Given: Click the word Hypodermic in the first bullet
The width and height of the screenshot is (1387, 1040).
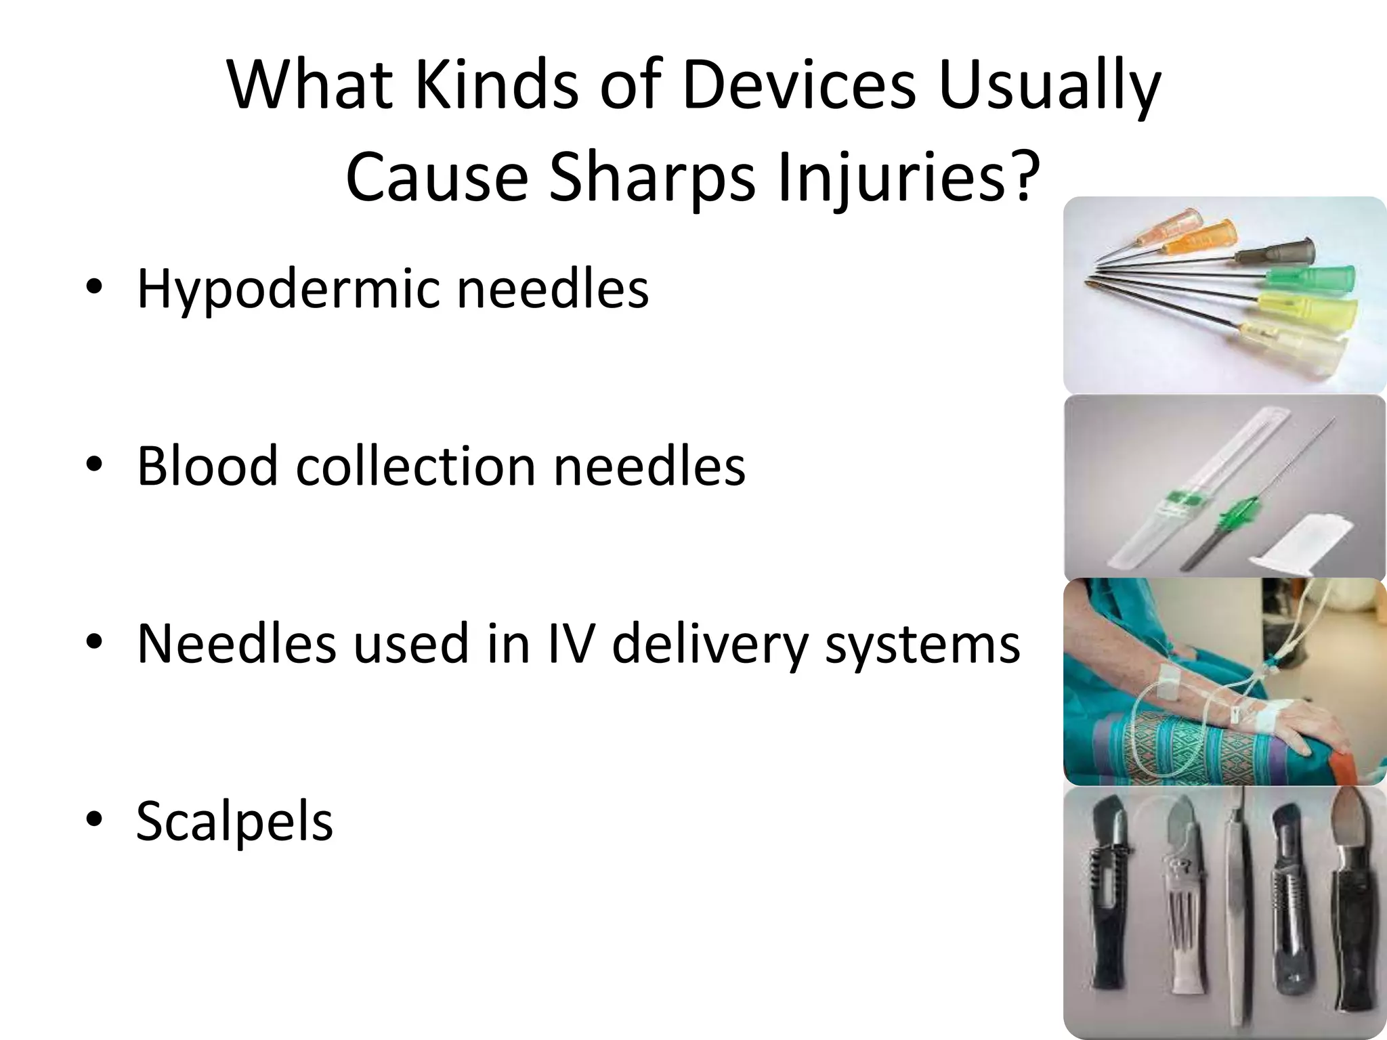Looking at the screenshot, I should tap(291, 290).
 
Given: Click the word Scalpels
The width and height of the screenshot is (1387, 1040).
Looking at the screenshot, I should tap(234, 821).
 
